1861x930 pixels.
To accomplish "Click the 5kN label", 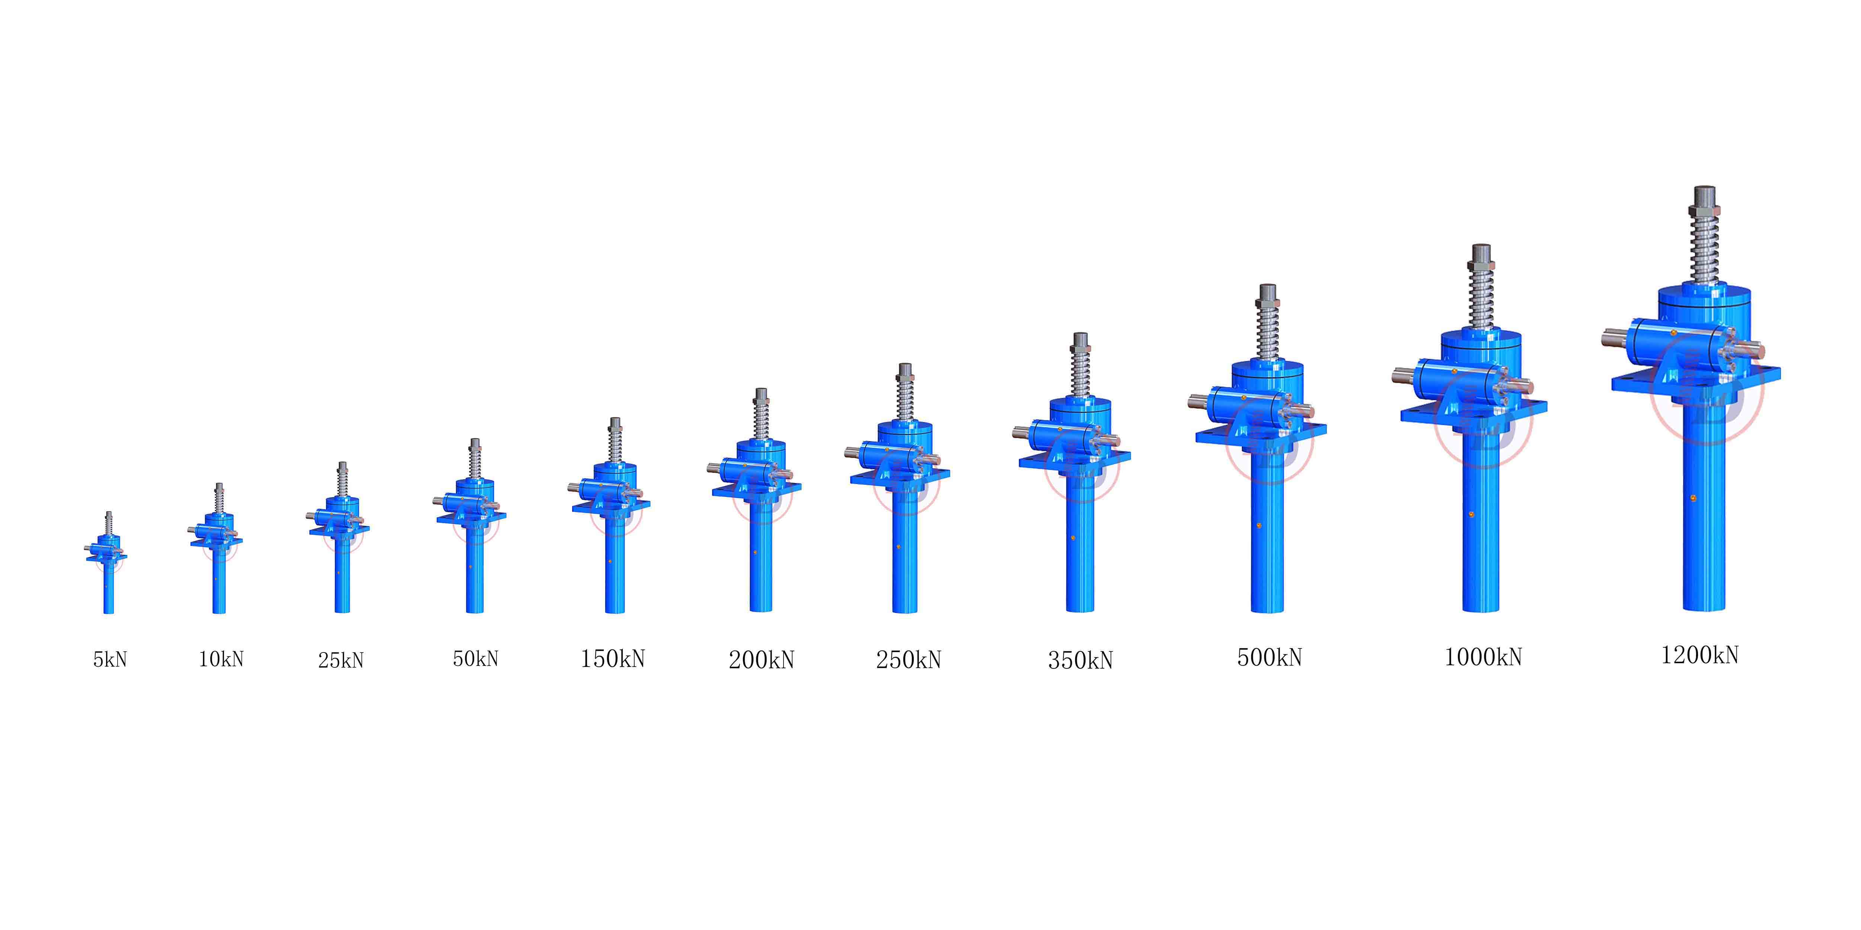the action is point(110,659).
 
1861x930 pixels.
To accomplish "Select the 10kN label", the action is point(221,658).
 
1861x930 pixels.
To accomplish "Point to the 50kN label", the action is point(475,658).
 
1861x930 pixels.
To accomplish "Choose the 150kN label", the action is point(613,658).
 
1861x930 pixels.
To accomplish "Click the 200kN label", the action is point(762,659).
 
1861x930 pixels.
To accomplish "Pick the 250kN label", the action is point(909,659).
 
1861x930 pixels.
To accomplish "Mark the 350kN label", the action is point(1081,660).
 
